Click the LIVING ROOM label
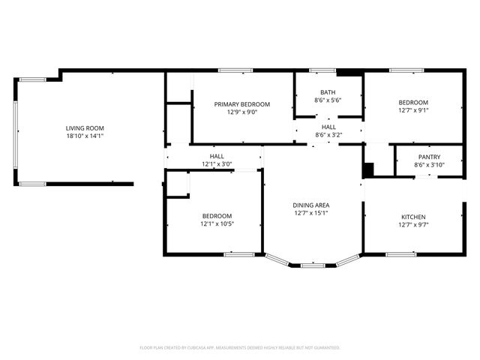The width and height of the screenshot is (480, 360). click(84, 128)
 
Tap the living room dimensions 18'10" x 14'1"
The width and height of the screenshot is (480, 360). click(84, 136)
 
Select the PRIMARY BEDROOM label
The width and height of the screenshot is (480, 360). click(241, 104)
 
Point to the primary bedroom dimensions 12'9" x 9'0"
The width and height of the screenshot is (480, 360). click(241, 112)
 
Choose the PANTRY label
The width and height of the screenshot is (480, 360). click(429, 157)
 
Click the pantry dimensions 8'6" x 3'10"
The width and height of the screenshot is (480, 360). click(429, 165)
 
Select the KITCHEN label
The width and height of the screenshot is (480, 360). click(413, 216)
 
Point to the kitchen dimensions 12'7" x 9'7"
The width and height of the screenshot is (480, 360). click(413, 224)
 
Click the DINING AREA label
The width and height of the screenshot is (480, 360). click(311, 205)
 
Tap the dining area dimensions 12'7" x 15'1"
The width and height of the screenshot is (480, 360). click(311, 213)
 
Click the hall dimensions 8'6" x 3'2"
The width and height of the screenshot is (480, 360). click(328, 136)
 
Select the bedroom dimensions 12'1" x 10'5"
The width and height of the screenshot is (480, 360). click(217, 223)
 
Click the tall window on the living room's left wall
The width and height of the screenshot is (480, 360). click(15, 130)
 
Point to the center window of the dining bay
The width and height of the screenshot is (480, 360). click(313, 265)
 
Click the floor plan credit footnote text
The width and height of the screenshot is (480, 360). click(240, 347)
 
